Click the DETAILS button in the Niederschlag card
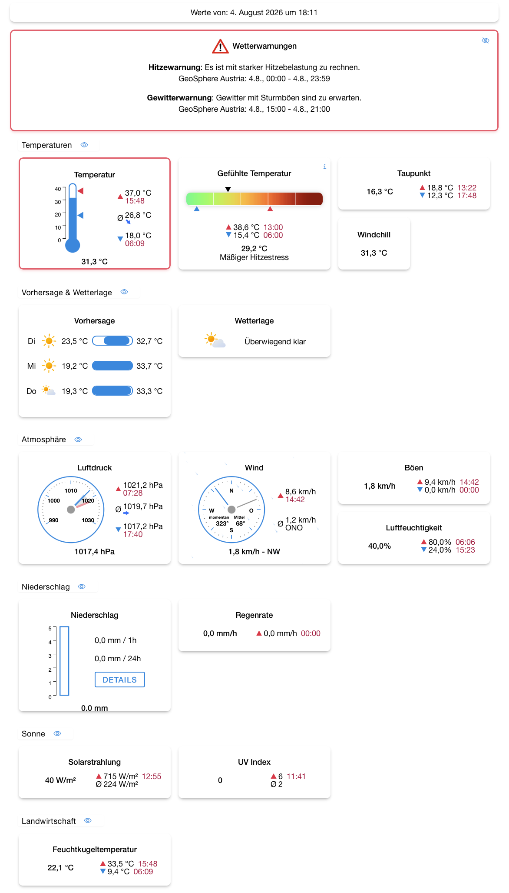tap(120, 680)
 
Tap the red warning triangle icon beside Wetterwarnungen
tap(220, 46)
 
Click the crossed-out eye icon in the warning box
tap(486, 40)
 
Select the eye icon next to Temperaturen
tap(84, 145)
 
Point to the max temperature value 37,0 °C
tap(138, 193)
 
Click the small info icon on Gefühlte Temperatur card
tap(324, 167)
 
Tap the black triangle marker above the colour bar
tap(228, 189)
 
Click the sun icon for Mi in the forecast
tap(49, 366)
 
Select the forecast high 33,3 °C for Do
tap(149, 391)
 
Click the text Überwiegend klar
tap(275, 342)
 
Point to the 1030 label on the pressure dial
tap(88, 520)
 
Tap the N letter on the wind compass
tap(231, 491)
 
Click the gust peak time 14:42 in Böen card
tap(469, 482)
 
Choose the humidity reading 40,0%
tap(380, 546)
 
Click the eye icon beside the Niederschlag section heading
tap(82, 586)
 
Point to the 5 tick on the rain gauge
tap(50, 629)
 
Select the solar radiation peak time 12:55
tap(152, 776)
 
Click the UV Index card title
tap(254, 762)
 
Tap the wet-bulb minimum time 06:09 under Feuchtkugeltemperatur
tap(143, 872)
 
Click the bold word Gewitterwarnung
tap(179, 98)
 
